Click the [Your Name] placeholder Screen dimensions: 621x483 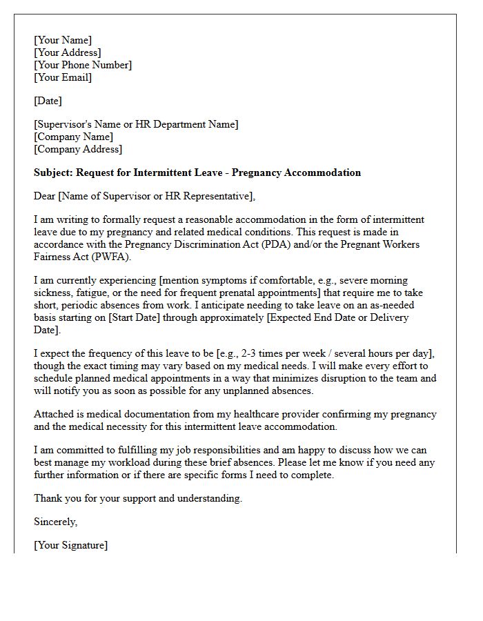63,40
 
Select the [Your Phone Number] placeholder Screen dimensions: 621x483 83,65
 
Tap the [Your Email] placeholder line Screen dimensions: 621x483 63,77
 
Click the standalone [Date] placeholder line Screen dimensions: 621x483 48,101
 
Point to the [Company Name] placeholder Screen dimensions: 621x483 74,137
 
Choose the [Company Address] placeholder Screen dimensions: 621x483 78,149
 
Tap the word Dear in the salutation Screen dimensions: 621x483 45,196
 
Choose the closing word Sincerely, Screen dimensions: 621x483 56,522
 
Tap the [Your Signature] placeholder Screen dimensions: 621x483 70,545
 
